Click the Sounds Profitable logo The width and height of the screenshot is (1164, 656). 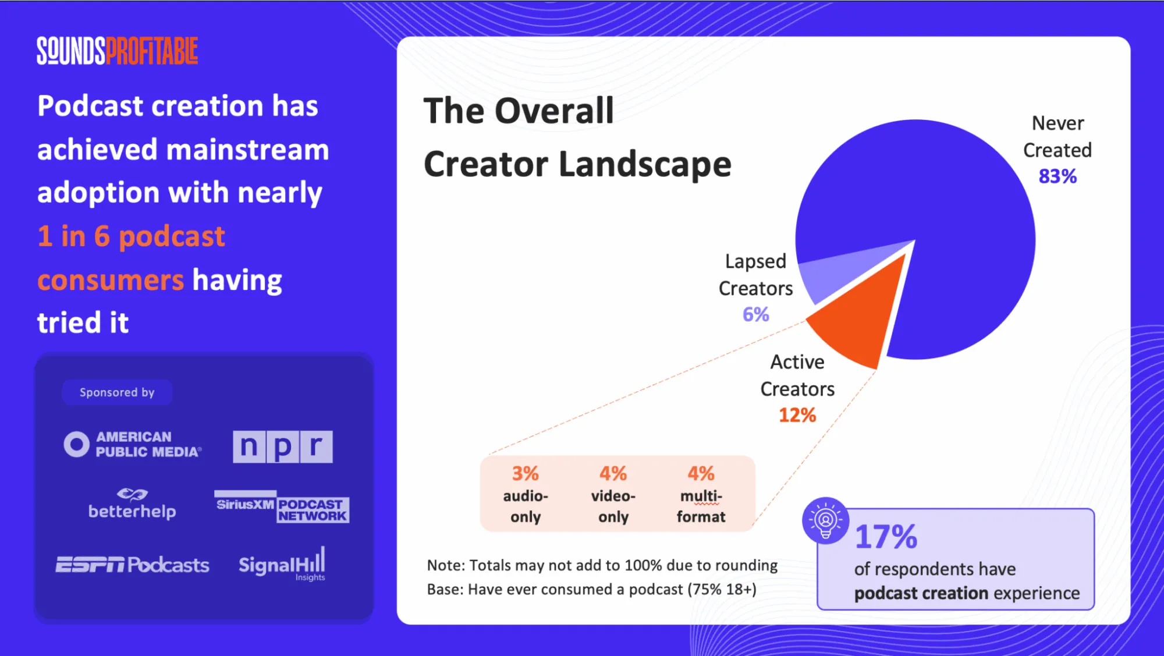117,51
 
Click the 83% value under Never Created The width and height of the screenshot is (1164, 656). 1057,176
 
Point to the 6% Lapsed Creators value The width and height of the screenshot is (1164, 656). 755,315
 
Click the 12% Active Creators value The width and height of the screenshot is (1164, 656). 797,416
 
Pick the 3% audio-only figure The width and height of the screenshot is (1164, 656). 525,474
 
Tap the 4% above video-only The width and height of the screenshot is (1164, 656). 613,474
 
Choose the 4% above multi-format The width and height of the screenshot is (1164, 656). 701,474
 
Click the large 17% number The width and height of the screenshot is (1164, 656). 886,537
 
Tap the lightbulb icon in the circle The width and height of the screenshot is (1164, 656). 825,520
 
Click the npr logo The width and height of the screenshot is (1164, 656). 282,446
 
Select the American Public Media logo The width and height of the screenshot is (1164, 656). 133,445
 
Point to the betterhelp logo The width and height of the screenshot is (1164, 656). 132,505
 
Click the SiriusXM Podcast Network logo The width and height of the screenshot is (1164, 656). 282,507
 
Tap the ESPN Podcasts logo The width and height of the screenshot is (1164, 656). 132,565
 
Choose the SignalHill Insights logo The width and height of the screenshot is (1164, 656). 282,564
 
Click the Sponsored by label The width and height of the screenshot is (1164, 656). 117,393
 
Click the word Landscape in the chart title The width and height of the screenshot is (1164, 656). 644,165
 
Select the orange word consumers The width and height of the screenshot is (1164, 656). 111,281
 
